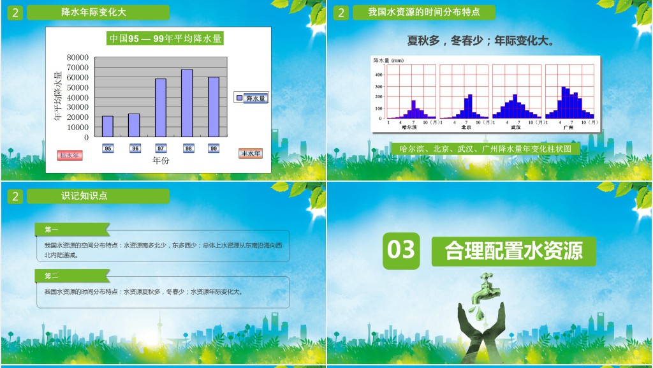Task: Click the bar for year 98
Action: pyautogui.click(x=187, y=103)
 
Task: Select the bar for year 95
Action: pyautogui.click(x=108, y=126)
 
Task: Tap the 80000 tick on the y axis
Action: pyautogui.click(x=78, y=57)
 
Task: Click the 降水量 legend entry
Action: pyautogui.click(x=251, y=98)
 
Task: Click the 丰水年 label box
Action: pyautogui.click(x=251, y=154)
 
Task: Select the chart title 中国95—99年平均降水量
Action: pyautogui.click(x=165, y=38)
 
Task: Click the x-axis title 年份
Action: pyautogui.click(x=161, y=161)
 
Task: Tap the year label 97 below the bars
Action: pyautogui.click(x=161, y=149)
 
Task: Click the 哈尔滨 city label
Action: pyautogui.click(x=409, y=128)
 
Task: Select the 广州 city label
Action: pyautogui.click(x=568, y=128)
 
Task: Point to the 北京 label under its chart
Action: pyautogui.click(x=466, y=128)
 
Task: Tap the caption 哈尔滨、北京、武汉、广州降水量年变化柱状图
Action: pyautogui.click(x=489, y=149)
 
